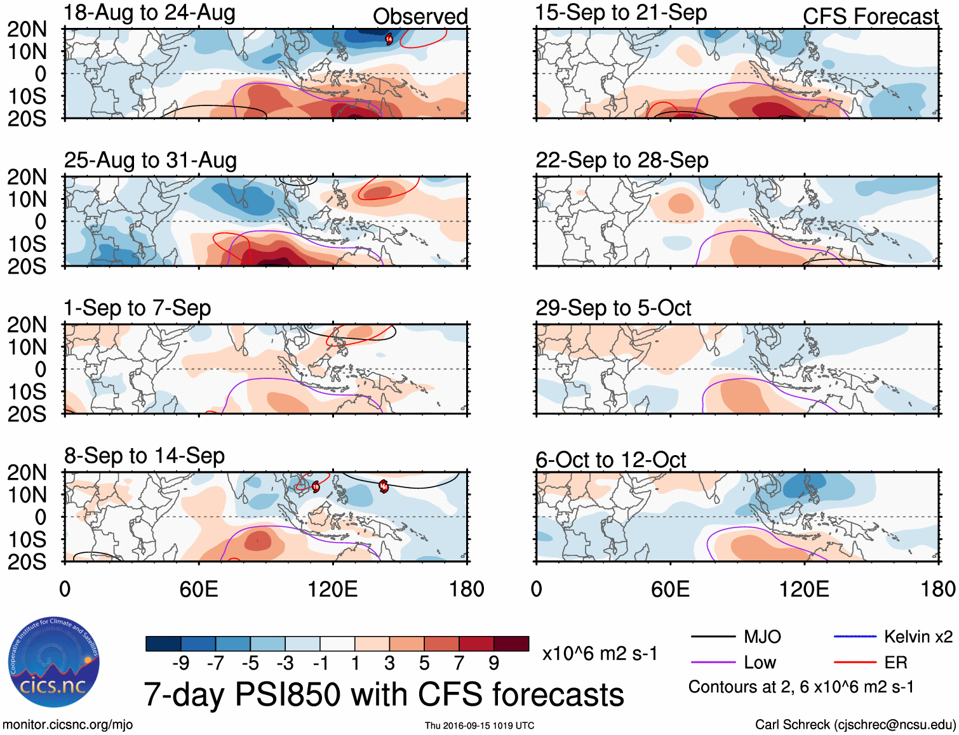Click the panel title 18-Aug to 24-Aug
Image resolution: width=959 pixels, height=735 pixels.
coord(149,13)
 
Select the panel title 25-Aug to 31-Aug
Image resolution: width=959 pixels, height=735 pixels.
coord(151,161)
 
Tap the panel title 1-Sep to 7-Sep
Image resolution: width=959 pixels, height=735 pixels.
coord(137,308)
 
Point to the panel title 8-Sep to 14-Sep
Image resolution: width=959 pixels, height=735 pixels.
coord(144,456)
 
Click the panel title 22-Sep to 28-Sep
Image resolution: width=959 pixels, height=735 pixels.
coord(622,161)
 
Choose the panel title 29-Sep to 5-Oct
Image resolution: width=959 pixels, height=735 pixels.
coord(613,308)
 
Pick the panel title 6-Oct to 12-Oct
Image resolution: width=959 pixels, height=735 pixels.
coord(610,460)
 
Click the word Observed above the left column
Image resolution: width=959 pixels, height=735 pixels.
coord(420,17)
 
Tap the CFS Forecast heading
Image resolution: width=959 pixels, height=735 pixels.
coord(870,17)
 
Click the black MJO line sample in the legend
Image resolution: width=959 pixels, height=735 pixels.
coord(713,637)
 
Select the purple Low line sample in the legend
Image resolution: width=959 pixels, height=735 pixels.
coord(713,663)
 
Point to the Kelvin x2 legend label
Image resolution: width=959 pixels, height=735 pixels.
coord(918,637)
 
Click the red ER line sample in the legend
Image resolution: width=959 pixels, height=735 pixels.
coord(855,663)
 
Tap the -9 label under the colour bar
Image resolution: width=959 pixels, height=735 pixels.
coord(181,663)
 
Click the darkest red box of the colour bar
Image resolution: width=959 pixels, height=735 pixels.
coord(511,644)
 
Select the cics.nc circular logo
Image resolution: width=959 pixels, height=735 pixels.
coord(53,663)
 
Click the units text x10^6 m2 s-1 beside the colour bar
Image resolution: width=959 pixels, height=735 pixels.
coord(600,654)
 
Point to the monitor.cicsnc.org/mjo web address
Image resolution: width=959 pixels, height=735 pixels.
coord(68,725)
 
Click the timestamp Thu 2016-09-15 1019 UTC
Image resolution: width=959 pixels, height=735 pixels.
coord(479,725)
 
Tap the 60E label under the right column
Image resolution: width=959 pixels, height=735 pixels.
coord(670,589)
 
